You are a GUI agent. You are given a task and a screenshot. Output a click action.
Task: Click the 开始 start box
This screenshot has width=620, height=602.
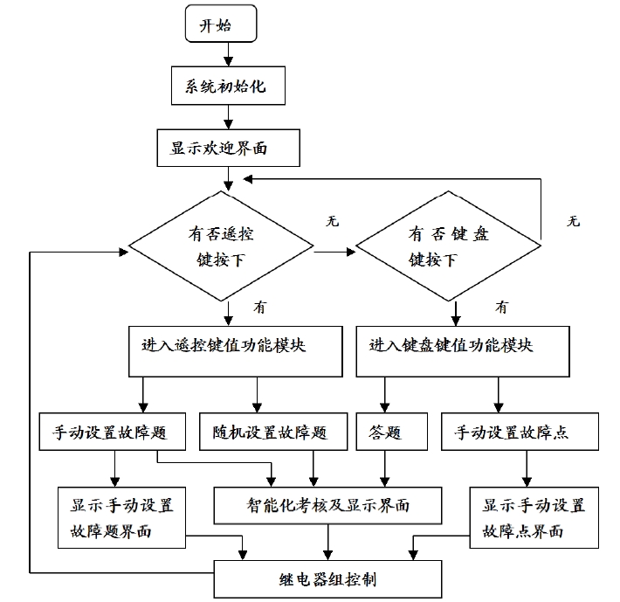click(221, 24)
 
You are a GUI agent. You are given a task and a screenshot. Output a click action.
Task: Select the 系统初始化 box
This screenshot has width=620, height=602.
click(228, 86)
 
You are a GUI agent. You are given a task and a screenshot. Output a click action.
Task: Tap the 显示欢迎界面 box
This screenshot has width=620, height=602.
click(228, 148)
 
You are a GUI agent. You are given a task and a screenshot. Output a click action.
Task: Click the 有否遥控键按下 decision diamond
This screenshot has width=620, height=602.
click(221, 246)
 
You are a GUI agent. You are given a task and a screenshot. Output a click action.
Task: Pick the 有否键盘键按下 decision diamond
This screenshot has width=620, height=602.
click(448, 246)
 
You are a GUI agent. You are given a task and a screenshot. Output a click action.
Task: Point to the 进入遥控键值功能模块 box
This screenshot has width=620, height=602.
click(235, 351)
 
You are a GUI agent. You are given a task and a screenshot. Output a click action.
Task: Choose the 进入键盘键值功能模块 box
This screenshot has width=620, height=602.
click(463, 351)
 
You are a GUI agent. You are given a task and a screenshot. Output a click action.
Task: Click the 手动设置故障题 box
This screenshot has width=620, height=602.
click(113, 432)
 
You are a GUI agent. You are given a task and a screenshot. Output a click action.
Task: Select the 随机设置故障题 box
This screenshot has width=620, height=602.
click(273, 432)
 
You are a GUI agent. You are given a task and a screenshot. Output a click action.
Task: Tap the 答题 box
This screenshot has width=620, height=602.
click(392, 432)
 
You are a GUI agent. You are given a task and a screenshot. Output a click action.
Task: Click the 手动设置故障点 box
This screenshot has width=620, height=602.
click(520, 432)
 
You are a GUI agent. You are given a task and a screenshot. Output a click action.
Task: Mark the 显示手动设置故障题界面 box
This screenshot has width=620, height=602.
click(121, 517)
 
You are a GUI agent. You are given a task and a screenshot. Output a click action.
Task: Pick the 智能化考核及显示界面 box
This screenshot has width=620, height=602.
click(327, 506)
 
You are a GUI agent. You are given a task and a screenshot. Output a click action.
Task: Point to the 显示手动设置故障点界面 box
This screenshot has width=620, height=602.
click(534, 517)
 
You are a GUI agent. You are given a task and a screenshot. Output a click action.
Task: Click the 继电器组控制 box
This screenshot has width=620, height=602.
click(327, 579)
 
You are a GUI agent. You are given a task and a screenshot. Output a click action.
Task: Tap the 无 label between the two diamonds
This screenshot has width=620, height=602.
click(333, 221)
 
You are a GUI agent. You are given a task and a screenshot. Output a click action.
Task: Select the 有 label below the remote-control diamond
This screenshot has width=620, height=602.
click(260, 308)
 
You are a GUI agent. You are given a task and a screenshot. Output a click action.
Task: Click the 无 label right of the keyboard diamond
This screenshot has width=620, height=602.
click(574, 221)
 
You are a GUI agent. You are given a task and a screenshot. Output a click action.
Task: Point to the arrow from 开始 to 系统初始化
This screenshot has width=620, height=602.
click(228, 54)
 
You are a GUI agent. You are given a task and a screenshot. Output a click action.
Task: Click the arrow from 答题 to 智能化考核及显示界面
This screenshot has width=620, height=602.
click(385, 468)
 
